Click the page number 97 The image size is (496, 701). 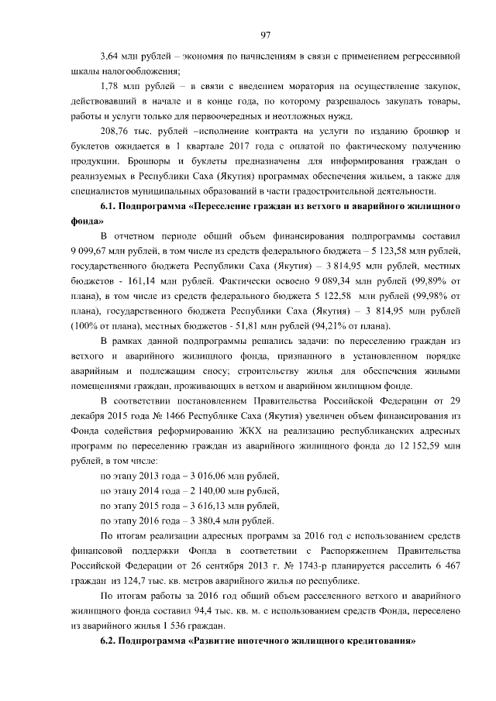click(x=265, y=33)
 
